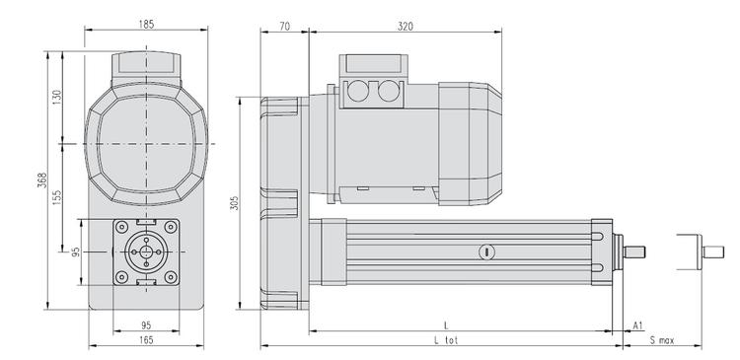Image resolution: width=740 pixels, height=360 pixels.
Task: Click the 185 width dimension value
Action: pos(146,25)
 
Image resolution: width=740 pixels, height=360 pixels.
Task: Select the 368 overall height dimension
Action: pos(42,180)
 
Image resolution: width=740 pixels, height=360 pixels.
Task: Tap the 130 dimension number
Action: pos(56,98)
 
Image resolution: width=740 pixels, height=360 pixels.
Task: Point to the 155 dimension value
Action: pos(56,197)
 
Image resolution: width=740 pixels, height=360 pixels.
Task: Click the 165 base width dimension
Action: pos(146,339)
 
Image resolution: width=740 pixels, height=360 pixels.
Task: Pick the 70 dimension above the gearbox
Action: pos(284,27)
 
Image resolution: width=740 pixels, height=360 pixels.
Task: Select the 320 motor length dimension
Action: pos(405,27)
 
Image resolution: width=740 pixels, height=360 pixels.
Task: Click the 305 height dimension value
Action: pos(235,203)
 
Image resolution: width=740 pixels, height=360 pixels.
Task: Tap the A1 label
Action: pos(638,325)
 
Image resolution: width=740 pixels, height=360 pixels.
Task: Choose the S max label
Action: pos(662,340)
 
